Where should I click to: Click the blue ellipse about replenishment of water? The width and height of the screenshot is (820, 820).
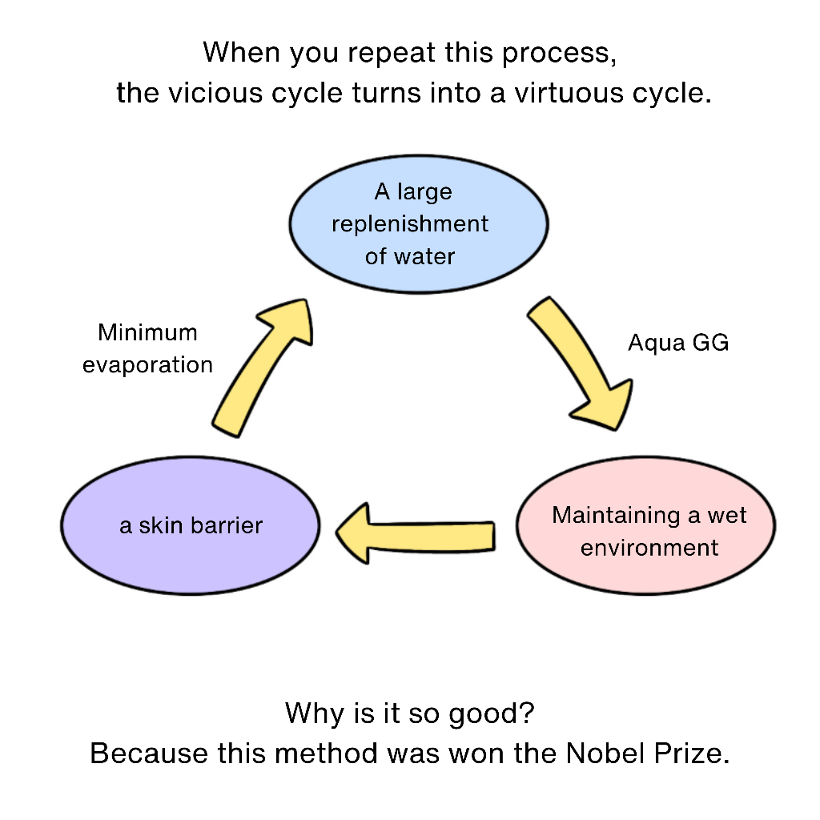tap(418, 224)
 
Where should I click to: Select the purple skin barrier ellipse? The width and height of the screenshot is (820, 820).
tap(191, 525)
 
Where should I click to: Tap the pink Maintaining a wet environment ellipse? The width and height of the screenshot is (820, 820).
tap(646, 525)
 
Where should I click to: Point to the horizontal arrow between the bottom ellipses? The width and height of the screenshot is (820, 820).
tap(416, 533)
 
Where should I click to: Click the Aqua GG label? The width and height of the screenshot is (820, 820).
tap(678, 343)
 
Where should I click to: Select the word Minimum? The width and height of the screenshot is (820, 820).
tap(147, 332)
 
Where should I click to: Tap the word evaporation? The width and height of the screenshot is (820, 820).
tap(147, 365)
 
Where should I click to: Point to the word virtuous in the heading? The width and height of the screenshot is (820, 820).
tap(569, 93)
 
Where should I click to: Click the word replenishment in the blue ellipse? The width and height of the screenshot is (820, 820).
tap(410, 224)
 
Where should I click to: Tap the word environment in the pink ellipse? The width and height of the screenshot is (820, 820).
tap(649, 548)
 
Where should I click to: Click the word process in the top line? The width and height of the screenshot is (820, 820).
tap(559, 54)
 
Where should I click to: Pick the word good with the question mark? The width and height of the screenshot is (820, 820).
tap(492, 713)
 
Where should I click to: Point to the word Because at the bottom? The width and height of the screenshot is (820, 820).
tap(148, 754)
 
